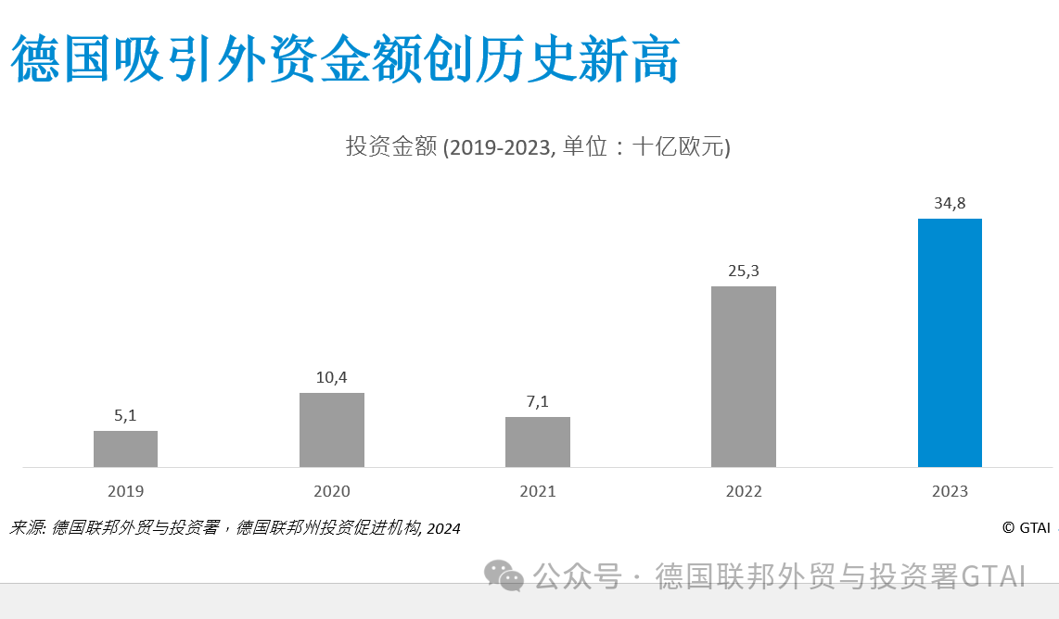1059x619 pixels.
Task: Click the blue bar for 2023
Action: click(x=950, y=343)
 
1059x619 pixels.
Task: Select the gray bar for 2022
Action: click(x=743, y=376)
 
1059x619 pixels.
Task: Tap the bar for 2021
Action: click(x=537, y=442)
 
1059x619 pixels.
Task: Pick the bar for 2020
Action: click(x=331, y=430)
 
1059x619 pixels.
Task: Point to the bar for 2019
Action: click(x=125, y=448)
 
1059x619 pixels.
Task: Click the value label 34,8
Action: click(x=950, y=203)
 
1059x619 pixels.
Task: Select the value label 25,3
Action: click(x=743, y=271)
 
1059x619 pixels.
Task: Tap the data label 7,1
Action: click(x=537, y=401)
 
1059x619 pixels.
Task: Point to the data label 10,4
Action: click(x=331, y=377)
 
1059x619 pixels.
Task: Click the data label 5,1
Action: click(x=125, y=415)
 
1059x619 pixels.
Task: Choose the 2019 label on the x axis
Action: click(x=125, y=491)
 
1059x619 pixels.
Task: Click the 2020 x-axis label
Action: click(x=331, y=491)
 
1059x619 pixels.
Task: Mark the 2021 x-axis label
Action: click(x=537, y=491)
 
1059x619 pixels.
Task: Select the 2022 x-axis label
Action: click(x=743, y=491)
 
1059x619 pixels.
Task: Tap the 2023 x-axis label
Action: click(x=950, y=491)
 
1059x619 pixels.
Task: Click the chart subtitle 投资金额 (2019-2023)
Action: click(x=538, y=147)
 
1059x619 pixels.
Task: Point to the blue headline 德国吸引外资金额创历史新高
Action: click(x=345, y=60)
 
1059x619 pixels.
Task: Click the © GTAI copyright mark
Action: click(x=1025, y=527)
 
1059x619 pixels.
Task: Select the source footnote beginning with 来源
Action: click(x=235, y=528)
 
